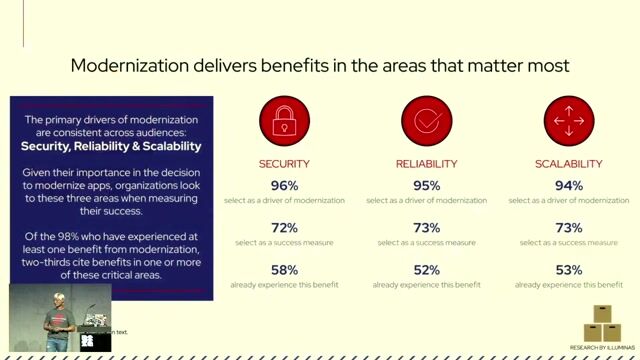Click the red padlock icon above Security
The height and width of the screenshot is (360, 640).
pyautogui.click(x=284, y=121)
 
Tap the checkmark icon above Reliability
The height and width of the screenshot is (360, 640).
pyautogui.click(x=426, y=121)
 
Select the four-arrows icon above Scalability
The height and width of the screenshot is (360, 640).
pyautogui.click(x=568, y=121)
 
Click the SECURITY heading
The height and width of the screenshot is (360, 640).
pyautogui.click(x=284, y=164)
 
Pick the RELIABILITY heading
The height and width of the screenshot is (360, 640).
pyautogui.click(x=426, y=164)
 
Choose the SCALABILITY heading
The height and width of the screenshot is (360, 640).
pyautogui.click(x=568, y=164)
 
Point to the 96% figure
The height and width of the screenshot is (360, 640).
pyautogui.click(x=284, y=185)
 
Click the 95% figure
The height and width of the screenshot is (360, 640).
pyautogui.click(x=426, y=185)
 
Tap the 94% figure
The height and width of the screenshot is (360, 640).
pyautogui.click(x=568, y=185)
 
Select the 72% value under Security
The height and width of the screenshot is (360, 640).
pyautogui.click(x=284, y=228)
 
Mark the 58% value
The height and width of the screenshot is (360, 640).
pyautogui.click(x=284, y=270)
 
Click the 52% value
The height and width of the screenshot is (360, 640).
pyautogui.click(x=426, y=270)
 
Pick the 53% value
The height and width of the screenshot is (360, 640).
pyautogui.click(x=568, y=270)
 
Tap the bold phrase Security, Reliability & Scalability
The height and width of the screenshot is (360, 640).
pyautogui.click(x=111, y=146)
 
